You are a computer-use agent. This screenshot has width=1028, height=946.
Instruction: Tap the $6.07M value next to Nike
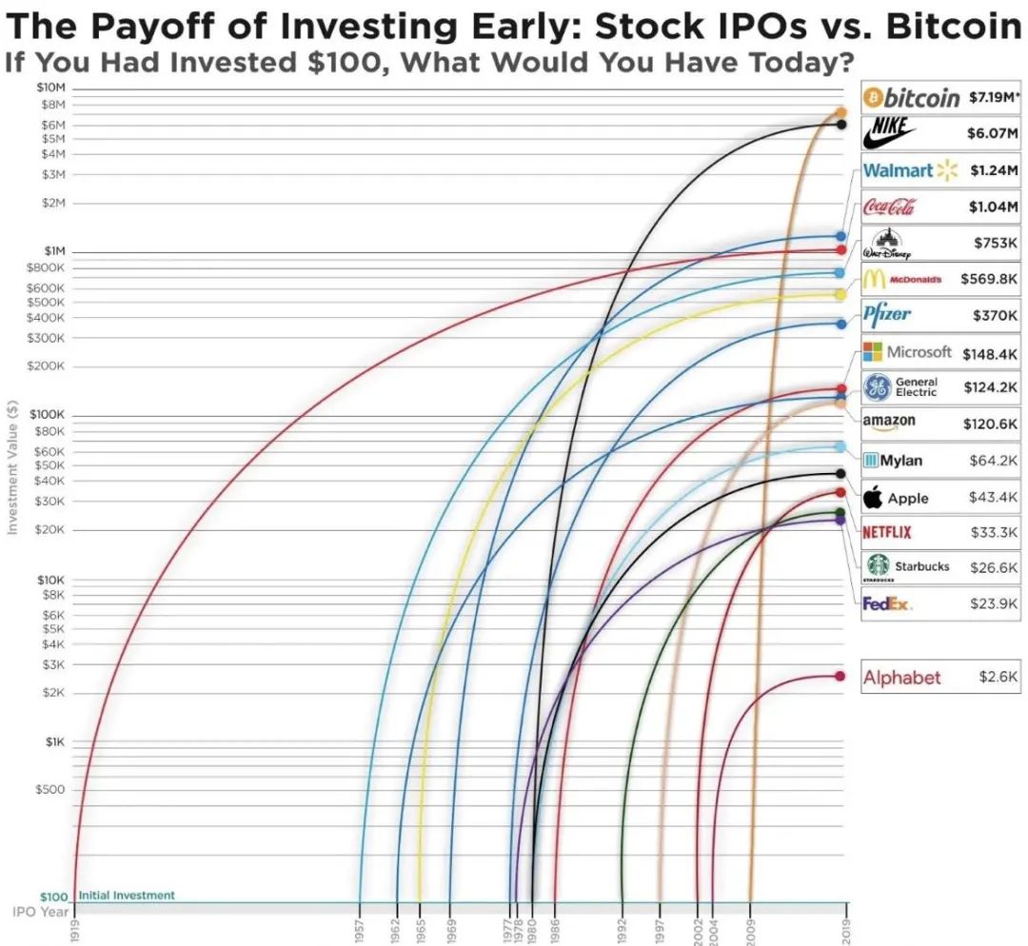tap(993, 133)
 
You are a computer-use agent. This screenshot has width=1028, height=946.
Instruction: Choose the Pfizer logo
tap(887, 314)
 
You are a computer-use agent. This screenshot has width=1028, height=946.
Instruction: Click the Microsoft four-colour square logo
tap(872, 352)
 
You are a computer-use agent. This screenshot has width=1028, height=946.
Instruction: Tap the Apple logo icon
tap(872, 497)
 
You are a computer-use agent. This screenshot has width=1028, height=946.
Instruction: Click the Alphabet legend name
tap(901, 678)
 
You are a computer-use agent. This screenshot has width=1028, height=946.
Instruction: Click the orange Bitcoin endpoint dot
tap(840, 112)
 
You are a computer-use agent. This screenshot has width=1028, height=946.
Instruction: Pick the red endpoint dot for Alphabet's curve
tap(840, 677)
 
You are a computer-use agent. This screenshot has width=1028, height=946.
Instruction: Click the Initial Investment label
tap(127, 896)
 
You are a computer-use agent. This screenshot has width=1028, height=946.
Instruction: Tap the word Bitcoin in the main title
tap(954, 26)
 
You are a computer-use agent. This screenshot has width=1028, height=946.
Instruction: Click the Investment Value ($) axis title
tap(13, 465)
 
